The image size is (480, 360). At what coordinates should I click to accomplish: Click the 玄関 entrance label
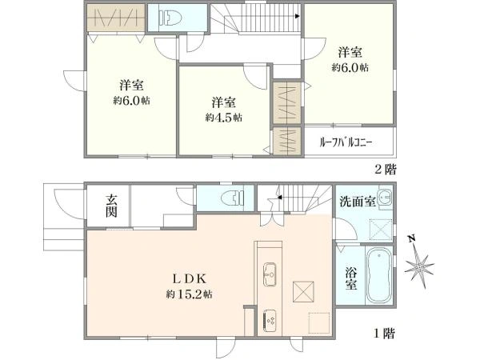pyautogui.click(x=111, y=206)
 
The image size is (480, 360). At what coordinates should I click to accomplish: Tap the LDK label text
pyautogui.click(x=190, y=278)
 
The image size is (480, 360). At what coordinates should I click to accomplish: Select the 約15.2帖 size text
pyautogui.click(x=190, y=294)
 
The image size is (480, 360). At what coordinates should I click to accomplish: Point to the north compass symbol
pyautogui.click(x=421, y=262)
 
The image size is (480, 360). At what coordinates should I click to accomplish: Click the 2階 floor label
pyautogui.click(x=385, y=170)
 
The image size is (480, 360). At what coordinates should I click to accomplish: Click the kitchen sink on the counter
pyautogui.click(x=269, y=273)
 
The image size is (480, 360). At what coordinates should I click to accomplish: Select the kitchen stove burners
pyautogui.click(x=268, y=319)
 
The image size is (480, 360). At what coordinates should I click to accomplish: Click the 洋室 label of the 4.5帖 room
pyautogui.click(x=224, y=102)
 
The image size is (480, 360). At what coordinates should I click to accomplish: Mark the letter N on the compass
pyautogui.click(x=410, y=239)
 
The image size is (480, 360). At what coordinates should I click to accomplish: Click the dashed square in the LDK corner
pyautogui.click(x=318, y=320)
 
